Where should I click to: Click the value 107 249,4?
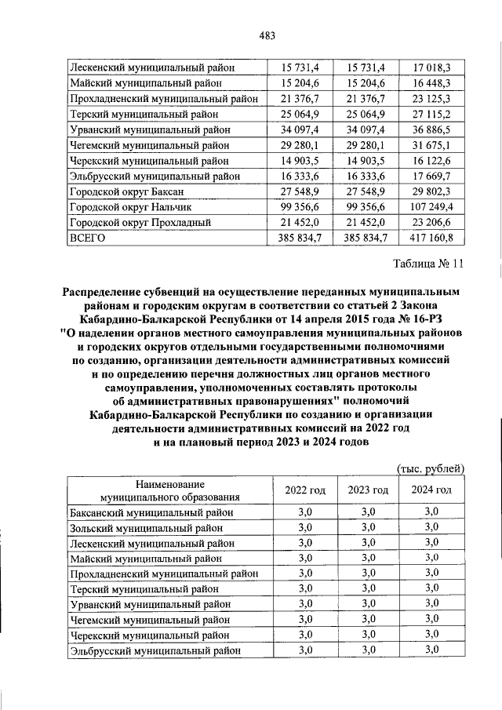[x=431, y=207]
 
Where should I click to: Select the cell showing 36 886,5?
[x=431, y=129]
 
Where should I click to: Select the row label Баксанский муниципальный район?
[x=151, y=512]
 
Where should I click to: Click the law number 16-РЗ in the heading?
[x=426, y=319]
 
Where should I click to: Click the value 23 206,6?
[x=431, y=222]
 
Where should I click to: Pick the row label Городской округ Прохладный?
[x=140, y=222]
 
